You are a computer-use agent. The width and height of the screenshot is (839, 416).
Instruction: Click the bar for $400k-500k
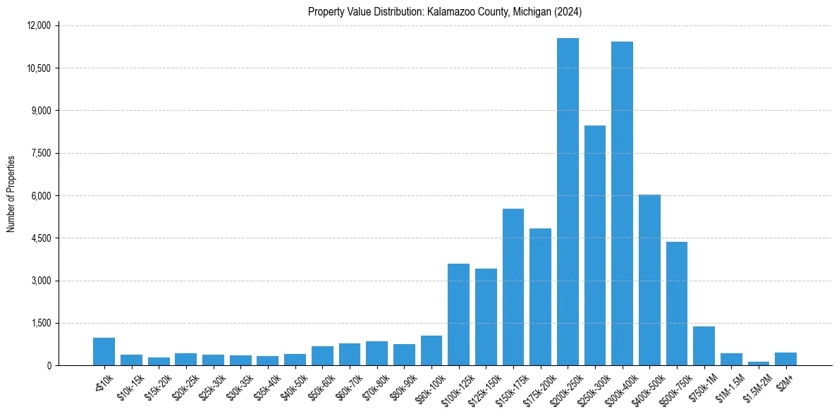[649, 281]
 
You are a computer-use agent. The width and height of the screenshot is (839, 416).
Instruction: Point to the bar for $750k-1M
[704, 346]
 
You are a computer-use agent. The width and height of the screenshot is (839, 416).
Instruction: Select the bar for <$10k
[104, 352]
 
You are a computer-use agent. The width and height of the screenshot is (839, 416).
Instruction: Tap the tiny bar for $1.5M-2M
[759, 363]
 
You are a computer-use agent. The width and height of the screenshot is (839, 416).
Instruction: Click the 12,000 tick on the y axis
[39, 26]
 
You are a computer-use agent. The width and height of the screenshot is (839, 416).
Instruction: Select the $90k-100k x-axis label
[429, 384]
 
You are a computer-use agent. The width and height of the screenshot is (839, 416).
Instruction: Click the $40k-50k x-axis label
[293, 384]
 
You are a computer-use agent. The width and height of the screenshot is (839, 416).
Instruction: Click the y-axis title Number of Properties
[11, 194]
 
